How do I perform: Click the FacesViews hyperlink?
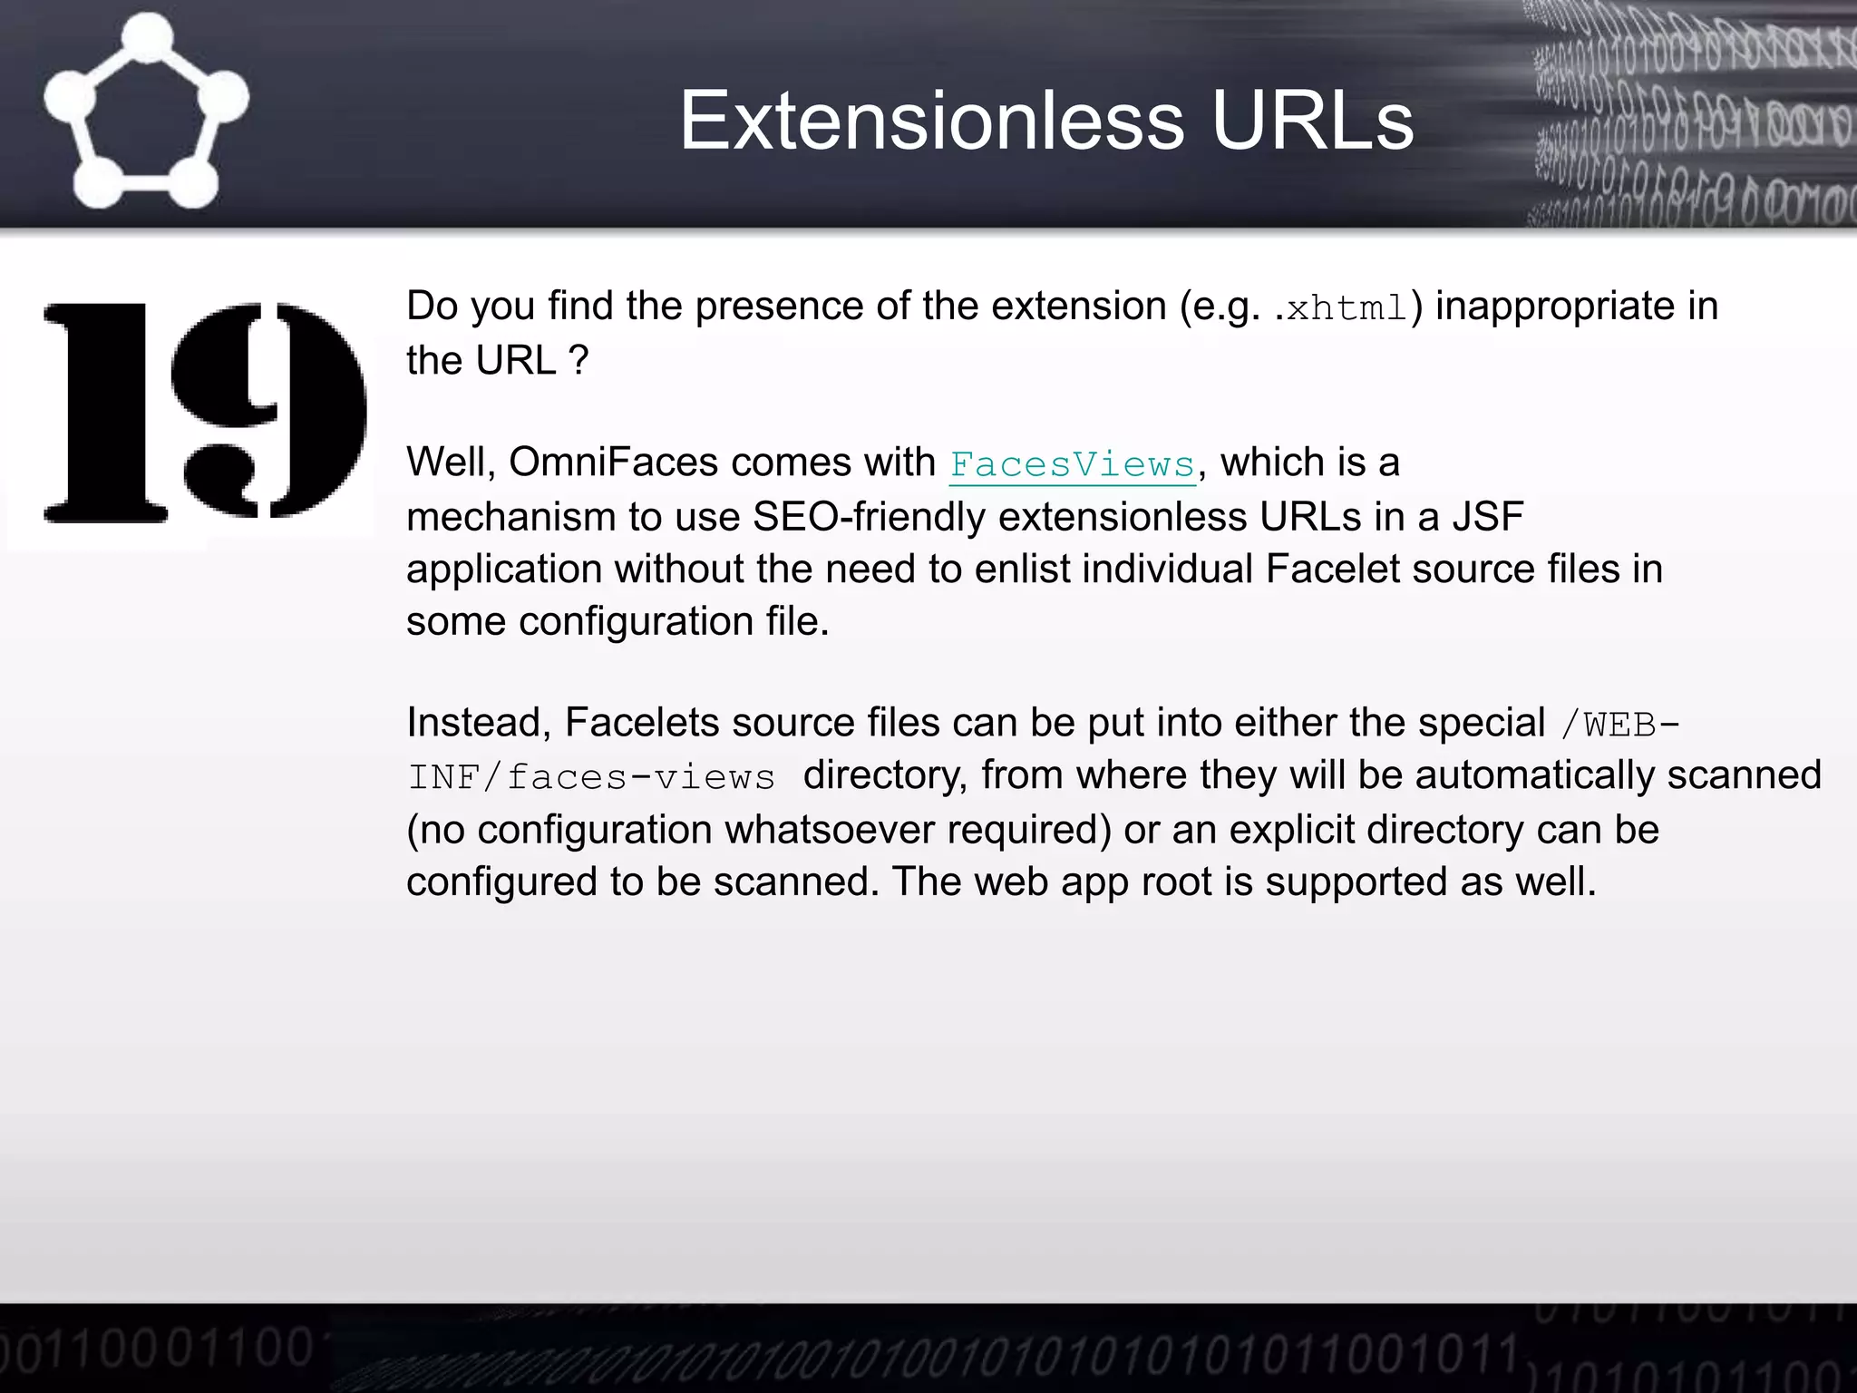(x=1073, y=464)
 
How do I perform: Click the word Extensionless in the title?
(x=931, y=121)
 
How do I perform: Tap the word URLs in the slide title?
(x=1312, y=121)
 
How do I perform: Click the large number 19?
(x=205, y=413)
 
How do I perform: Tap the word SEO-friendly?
(x=870, y=517)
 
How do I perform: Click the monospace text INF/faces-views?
(x=591, y=777)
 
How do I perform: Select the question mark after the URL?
(x=579, y=361)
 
